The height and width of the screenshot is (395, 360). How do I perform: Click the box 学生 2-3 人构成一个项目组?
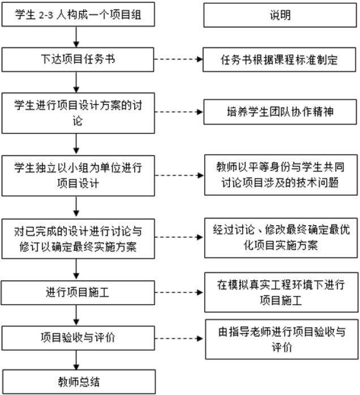click(x=78, y=14)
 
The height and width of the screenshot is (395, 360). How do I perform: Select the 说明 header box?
click(x=280, y=15)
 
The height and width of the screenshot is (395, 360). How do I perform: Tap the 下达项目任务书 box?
click(x=78, y=59)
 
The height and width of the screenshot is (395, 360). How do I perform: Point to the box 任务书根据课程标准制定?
click(x=280, y=60)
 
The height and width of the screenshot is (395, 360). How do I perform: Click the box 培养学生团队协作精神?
click(x=280, y=112)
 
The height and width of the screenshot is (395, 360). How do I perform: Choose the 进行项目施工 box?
click(x=78, y=293)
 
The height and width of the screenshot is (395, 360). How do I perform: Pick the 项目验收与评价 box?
click(x=78, y=338)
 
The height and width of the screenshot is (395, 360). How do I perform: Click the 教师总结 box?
click(x=79, y=381)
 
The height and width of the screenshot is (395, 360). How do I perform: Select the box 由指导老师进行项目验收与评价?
click(x=282, y=340)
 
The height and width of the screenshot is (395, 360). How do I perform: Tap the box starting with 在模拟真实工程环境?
click(x=281, y=292)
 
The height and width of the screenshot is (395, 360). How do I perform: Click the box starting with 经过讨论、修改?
click(x=281, y=238)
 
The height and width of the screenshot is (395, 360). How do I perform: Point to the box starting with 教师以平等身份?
click(x=281, y=175)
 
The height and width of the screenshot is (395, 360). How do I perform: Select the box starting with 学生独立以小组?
click(x=78, y=175)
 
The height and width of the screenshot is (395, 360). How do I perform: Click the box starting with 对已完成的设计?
click(x=78, y=239)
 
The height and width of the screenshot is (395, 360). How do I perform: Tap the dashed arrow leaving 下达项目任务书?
click(x=179, y=59)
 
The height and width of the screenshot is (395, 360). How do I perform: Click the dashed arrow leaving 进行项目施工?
click(x=179, y=293)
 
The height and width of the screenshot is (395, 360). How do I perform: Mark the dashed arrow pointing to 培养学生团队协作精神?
click(x=179, y=112)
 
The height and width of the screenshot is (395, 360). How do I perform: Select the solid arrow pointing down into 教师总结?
click(x=76, y=360)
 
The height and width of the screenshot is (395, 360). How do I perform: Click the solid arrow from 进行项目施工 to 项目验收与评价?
click(x=76, y=315)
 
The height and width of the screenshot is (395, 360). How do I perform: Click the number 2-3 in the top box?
click(x=46, y=15)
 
